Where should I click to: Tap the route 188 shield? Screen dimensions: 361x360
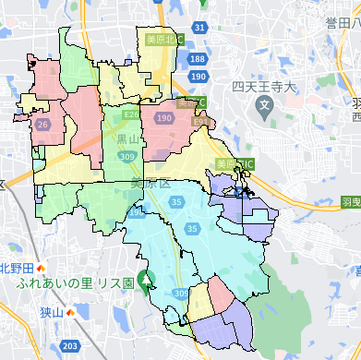click(198, 59)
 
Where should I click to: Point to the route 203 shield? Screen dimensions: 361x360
click(70, 346)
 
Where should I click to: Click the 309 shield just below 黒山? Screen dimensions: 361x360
click(126, 158)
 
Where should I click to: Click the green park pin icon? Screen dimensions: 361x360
click(147, 280)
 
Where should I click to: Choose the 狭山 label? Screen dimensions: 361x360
click(52, 313)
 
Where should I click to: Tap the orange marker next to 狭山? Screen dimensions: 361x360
click(71, 313)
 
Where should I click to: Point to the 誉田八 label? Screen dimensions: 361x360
click(343, 21)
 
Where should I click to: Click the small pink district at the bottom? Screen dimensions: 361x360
click(223, 295)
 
